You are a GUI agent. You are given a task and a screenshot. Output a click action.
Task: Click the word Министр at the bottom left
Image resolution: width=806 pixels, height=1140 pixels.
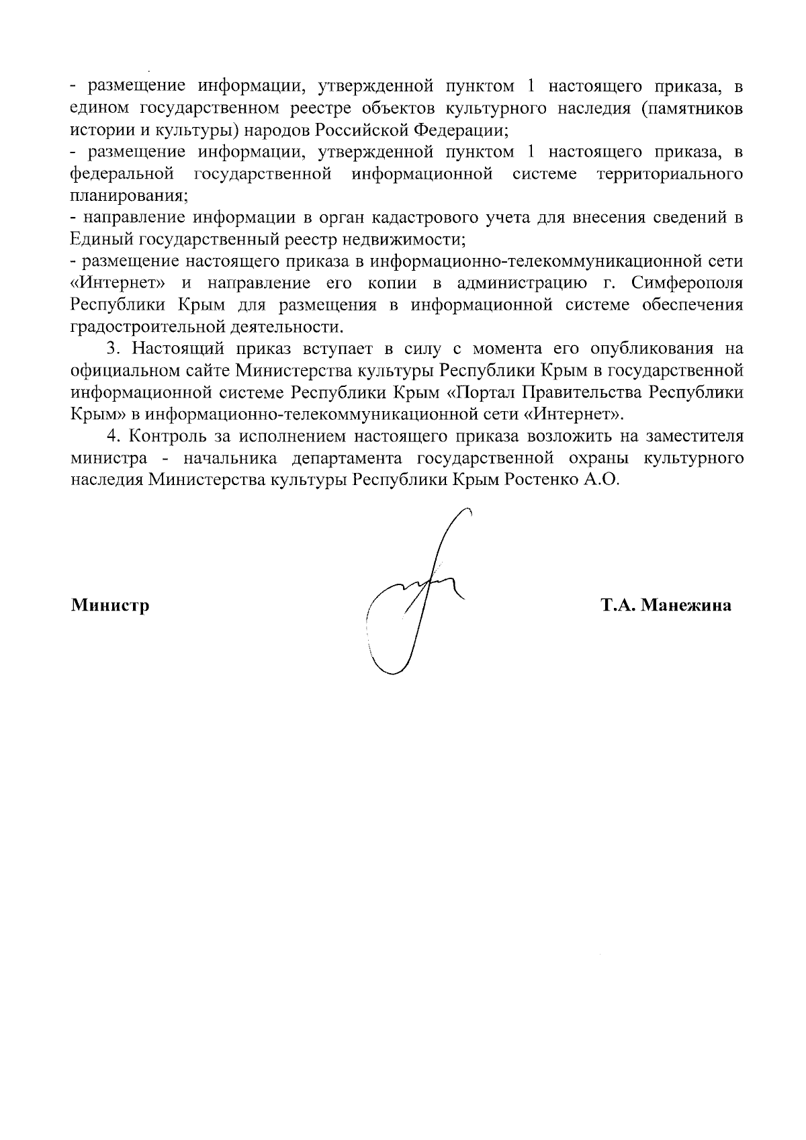click(x=110, y=606)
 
